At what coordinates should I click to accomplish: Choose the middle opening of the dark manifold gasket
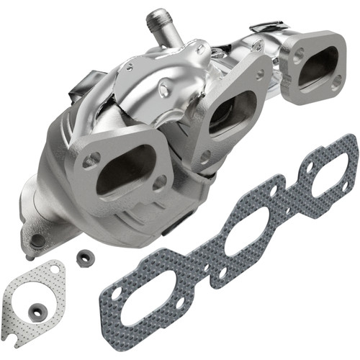pyautogui.click(x=245, y=231)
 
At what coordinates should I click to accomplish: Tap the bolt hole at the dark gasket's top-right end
pyautogui.click(x=349, y=144)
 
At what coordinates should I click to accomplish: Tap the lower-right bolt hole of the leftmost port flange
pyautogui.click(x=158, y=184)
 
